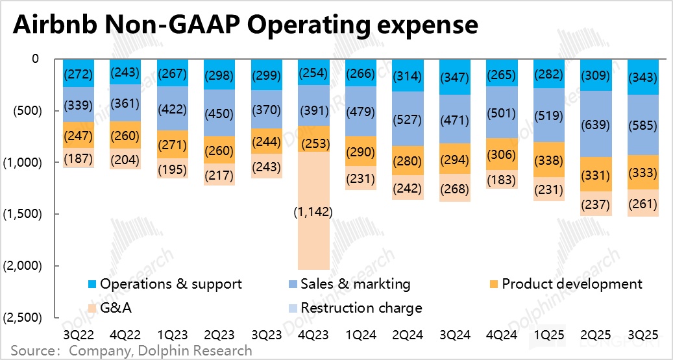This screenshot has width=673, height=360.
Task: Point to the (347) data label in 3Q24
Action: click(x=456, y=77)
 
